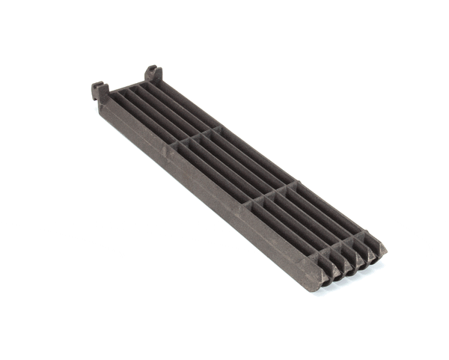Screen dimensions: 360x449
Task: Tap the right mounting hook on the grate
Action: pos(153,73)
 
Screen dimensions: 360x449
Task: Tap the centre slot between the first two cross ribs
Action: pos(227,164)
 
